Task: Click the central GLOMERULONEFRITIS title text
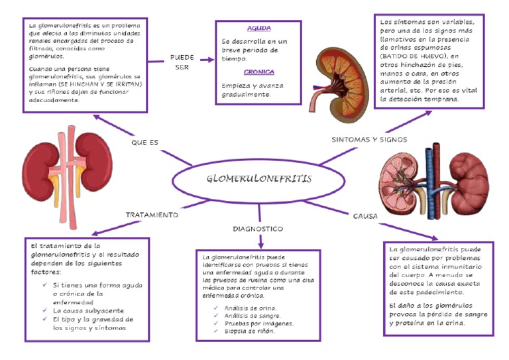(258, 179)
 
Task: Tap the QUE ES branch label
(144, 142)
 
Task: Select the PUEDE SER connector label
(182, 62)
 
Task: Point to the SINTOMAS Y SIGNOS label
(368, 140)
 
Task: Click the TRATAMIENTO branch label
(152, 215)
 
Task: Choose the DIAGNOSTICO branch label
(258, 229)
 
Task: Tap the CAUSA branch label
(365, 216)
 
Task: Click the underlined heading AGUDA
(258, 29)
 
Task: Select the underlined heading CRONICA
(258, 72)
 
